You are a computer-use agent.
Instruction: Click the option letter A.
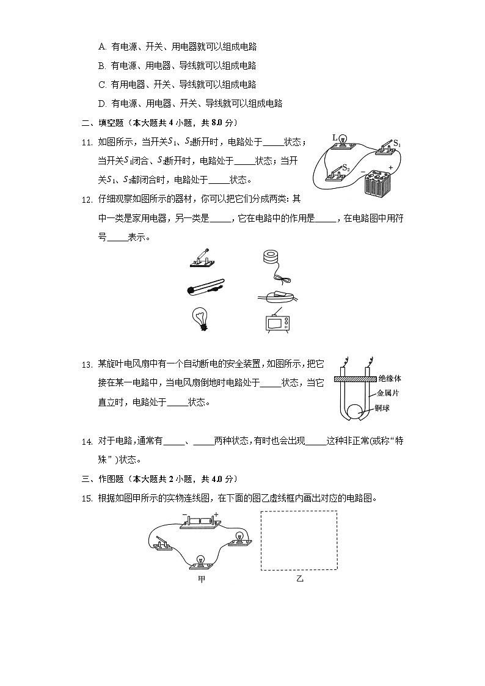pyautogui.click(x=101, y=46)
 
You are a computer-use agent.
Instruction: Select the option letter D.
pyautogui.click(x=101, y=104)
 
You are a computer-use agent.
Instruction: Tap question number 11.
pyautogui.click(x=86, y=142)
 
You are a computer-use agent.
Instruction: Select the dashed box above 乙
pyautogui.click(x=299, y=540)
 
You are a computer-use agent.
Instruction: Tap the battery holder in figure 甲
pyautogui.click(x=200, y=524)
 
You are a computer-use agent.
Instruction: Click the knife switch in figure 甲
pyautogui.click(x=164, y=544)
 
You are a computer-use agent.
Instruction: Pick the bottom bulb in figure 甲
pyautogui.click(x=200, y=561)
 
